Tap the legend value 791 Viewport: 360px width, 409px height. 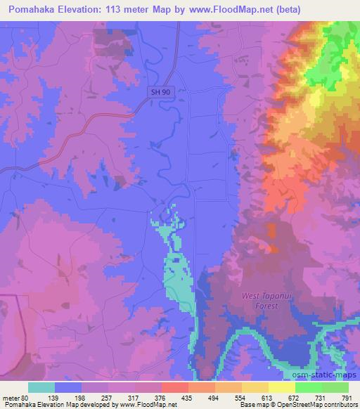point(347,397)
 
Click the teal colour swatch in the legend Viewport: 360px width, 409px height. point(41,387)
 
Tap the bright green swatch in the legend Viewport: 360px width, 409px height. point(309,387)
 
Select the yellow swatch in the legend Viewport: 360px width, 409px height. point(282,387)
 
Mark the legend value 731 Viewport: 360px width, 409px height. point(321,397)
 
